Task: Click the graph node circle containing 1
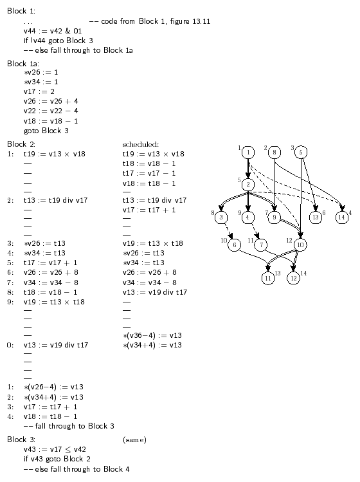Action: point(248,152)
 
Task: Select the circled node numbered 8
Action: point(274,152)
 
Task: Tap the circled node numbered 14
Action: point(341,217)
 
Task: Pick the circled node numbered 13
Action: point(316,217)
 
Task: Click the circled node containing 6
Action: point(235,245)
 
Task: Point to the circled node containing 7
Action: point(261,245)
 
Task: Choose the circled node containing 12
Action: point(293,278)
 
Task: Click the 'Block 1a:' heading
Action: point(23,64)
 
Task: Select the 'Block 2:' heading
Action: point(21,144)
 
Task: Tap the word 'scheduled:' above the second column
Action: point(141,144)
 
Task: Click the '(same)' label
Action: point(134,440)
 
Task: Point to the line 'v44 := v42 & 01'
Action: point(53,31)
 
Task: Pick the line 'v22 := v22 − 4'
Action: point(51,111)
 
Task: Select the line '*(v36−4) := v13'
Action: point(152,335)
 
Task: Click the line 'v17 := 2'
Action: point(39,91)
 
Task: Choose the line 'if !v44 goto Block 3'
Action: point(59,41)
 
